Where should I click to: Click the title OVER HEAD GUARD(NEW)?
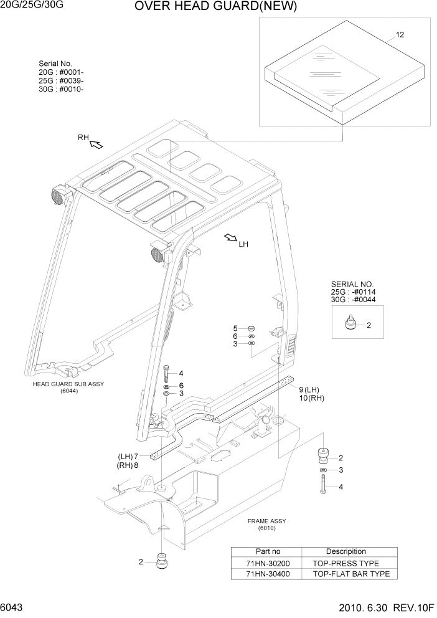coord(215,7)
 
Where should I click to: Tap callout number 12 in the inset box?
coord(400,35)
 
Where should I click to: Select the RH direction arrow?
coord(96,145)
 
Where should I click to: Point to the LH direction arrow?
coord(231,237)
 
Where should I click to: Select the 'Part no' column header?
coord(268,551)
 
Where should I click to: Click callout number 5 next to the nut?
coord(235,328)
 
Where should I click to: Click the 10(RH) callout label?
coord(312,398)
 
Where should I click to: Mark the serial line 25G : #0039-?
coord(61,81)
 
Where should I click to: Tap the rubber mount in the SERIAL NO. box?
coord(352,325)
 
